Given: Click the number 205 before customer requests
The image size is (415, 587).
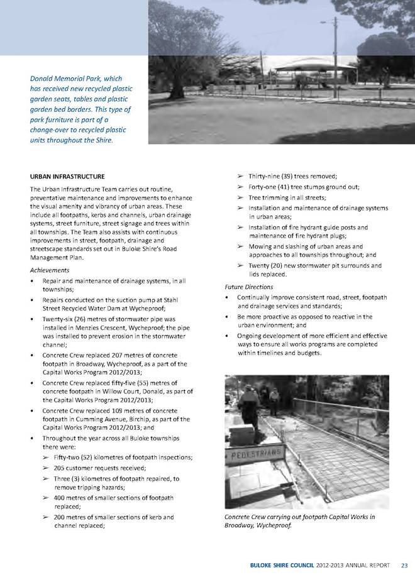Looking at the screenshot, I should [60, 468].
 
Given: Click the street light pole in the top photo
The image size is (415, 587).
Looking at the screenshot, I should [336, 44].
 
